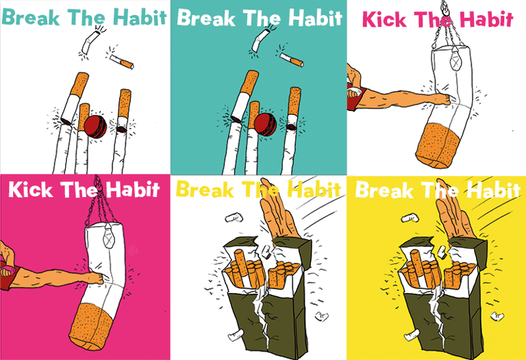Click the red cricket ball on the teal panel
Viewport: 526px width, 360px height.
click(265, 125)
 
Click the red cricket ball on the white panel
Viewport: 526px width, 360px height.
click(95, 126)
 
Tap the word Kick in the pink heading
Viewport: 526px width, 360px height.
click(379, 19)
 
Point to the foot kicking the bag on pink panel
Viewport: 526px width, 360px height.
click(95, 278)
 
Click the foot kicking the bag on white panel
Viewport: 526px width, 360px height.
click(441, 99)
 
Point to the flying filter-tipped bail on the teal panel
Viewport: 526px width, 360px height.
click(292, 60)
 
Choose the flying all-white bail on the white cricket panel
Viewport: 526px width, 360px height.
click(89, 42)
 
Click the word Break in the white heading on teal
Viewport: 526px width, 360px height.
click(206, 17)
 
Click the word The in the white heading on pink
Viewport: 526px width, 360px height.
click(79, 190)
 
